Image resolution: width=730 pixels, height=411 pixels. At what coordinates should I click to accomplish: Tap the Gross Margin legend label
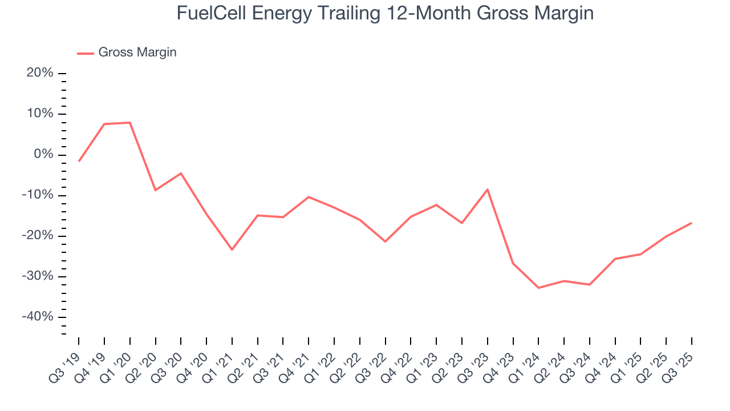(x=137, y=53)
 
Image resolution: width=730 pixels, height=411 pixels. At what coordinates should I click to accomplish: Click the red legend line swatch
(x=86, y=53)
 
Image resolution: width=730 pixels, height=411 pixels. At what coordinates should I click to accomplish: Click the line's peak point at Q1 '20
(x=130, y=123)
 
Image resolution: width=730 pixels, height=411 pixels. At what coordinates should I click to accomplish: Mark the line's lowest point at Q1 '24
(x=538, y=288)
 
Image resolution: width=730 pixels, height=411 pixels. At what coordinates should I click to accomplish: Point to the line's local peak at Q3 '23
(x=487, y=189)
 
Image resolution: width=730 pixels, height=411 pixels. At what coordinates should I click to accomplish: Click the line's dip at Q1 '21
(x=232, y=249)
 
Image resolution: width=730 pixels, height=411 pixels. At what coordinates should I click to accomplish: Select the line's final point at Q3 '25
(x=692, y=223)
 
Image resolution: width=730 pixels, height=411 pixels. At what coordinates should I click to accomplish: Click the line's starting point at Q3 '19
(x=79, y=161)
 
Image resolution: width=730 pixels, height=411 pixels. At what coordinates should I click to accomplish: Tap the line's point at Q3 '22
(x=385, y=241)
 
